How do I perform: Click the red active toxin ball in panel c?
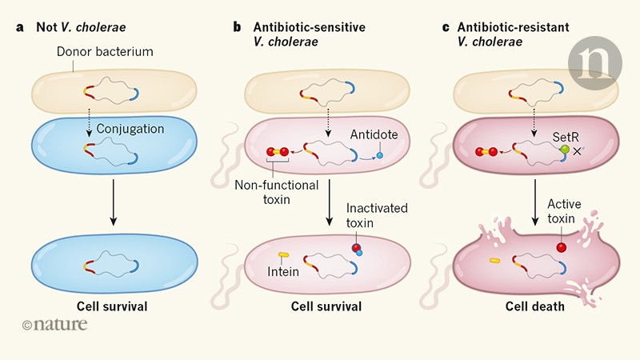point(562,248)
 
